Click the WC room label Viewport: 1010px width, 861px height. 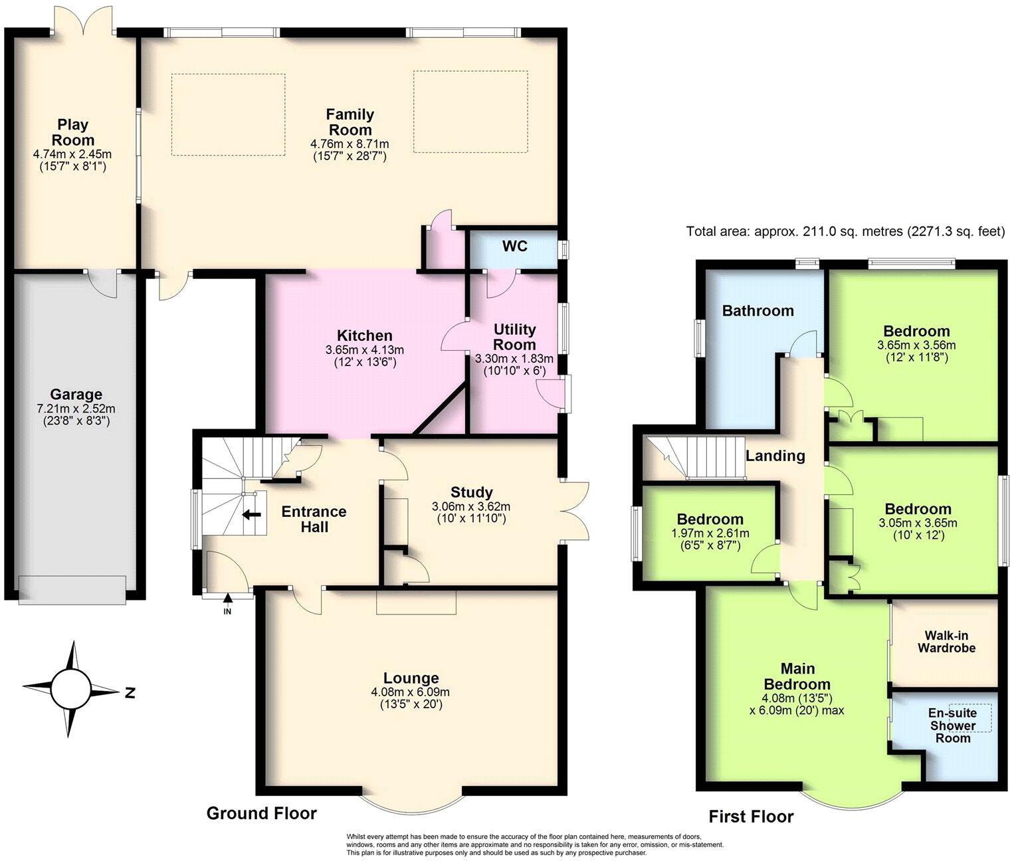[514, 246]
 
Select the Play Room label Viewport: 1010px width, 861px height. [72, 132]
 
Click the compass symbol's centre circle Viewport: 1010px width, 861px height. [70, 689]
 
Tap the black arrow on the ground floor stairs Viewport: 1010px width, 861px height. [251, 514]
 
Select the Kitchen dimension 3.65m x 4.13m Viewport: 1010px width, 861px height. [365, 350]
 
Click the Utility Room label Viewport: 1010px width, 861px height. [514, 337]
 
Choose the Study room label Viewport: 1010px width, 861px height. [471, 492]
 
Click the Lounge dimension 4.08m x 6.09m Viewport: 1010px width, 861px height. [411, 692]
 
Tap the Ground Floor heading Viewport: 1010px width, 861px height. [261, 813]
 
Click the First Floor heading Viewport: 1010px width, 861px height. [751, 816]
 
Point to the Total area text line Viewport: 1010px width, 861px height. [845, 232]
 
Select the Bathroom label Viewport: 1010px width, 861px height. [757, 310]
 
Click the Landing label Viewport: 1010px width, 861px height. [775, 456]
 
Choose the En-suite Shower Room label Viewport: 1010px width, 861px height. [952, 725]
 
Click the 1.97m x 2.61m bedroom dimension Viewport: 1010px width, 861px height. [710, 533]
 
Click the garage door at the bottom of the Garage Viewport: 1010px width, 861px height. [72, 589]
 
